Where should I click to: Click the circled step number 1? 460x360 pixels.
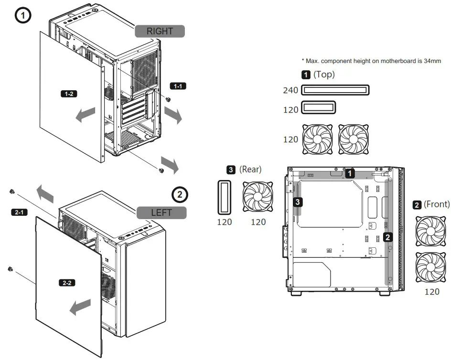pyautogui.click(x=23, y=15)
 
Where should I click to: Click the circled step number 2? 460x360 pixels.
pyautogui.click(x=180, y=194)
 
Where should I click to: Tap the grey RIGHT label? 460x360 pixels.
pyautogui.click(x=160, y=31)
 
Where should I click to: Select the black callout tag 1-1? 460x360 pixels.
pyautogui.click(x=178, y=86)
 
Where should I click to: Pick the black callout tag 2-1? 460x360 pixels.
pyautogui.click(x=19, y=212)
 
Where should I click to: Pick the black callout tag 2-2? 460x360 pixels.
pyautogui.click(x=67, y=283)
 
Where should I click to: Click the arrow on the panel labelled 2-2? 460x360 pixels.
pyautogui.click(x=80, y=307)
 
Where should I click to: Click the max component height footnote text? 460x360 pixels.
pyautogui.click(x=371, y=61)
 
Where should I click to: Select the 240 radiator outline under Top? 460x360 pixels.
pyautogui.click(x=336, y=90)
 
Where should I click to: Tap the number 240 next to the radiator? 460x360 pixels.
pyautogui.click(x=290, y=90)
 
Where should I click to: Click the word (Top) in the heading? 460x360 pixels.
pyautogui.click(x=324, y=74)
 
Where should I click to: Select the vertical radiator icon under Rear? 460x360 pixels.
pyautogui.click(x=224, y=197)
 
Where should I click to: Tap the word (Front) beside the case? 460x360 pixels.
pyautogui.click(x=437, y=204)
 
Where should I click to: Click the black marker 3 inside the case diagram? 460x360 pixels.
pyautogui.click(x=298, y=202)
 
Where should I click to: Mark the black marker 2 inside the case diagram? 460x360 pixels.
pyautogui.click(x=388, y=236)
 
